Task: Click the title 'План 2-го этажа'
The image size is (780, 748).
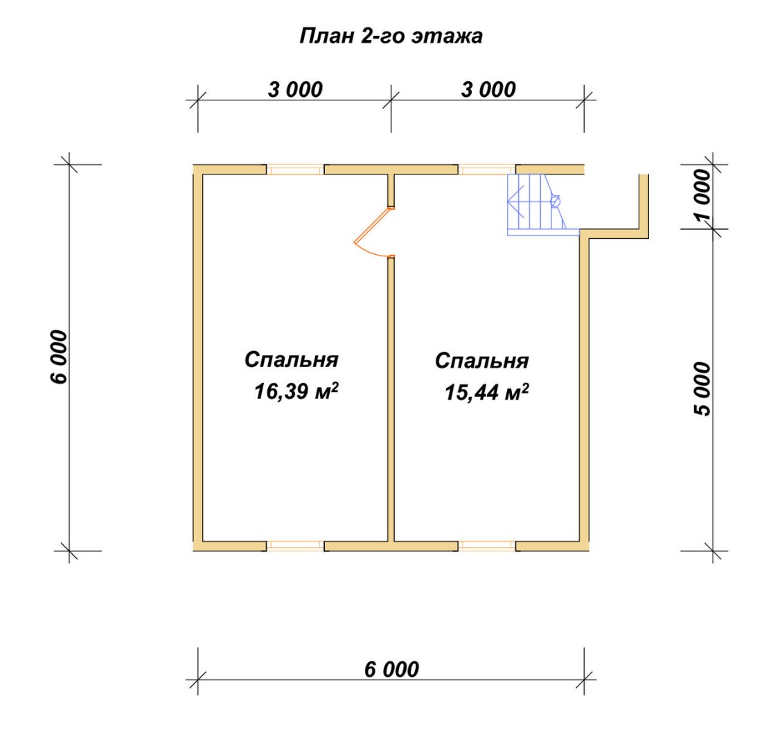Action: [x=391, y=36]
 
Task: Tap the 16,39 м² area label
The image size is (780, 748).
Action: [x=296, y=391]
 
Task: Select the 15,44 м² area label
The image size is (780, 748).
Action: [x=486, y=392]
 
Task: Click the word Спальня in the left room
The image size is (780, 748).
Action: [x=292, y=359]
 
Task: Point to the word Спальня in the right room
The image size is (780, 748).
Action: [x=481, y=361]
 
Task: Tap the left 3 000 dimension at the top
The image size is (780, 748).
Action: [x=296, y=90]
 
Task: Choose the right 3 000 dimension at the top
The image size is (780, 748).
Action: [x=488, y=90]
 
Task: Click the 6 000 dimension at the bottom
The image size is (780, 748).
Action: [x=392, y=670]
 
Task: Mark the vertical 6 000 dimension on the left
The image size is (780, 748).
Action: [x=58, y=357]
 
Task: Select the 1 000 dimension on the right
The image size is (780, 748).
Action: [x=703, y=195]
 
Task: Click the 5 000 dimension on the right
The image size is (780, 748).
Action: [x=703, y=389]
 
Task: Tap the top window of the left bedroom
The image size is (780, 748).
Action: [x=296, y=170]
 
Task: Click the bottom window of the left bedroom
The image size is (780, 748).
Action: [x=296, y=546]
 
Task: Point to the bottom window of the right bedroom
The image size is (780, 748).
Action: [x=486, y=546]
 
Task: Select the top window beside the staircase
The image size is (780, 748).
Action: [x=486, y=170]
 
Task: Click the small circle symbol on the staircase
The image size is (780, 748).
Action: [x=555, y=202]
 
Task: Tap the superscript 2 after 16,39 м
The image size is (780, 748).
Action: [x=335, y=386]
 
